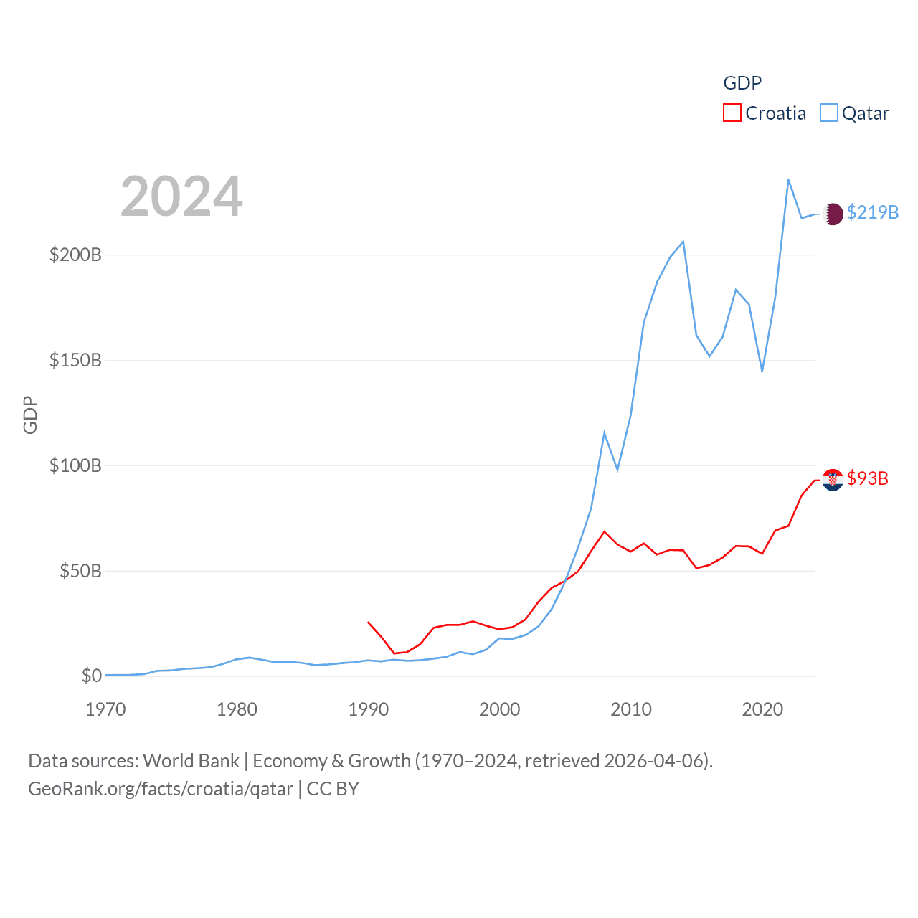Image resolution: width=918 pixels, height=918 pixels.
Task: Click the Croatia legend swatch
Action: (x=732, y=113)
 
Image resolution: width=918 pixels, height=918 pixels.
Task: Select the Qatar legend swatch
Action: (x=829, y=113)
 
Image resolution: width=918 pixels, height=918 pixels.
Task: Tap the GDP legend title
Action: (x=742, y=83)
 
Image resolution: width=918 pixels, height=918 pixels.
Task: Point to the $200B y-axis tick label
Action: (x=75, y=255)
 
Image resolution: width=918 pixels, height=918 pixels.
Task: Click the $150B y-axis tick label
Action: (x=75, y=360)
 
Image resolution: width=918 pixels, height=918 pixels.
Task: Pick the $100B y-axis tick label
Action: (x=75, y=465)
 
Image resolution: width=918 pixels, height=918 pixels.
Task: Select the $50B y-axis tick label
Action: (x=80, y=571)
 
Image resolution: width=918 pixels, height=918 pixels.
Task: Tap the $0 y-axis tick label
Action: (x=92, y=676)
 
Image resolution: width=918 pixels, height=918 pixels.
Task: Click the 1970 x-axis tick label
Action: (x=105, y=710)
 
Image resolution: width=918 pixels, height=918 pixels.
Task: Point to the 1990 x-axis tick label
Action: (x=368, y=710)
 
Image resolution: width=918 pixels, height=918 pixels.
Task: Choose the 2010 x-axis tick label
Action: (x=631, y=710)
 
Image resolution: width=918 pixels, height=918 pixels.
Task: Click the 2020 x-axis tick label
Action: (x=762, y=710)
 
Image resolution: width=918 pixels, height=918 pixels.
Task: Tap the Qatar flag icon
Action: (x=833, y=214)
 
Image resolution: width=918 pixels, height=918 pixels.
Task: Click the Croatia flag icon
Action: (x=833, y=480)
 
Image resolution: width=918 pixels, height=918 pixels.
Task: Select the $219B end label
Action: (x=873, y=213)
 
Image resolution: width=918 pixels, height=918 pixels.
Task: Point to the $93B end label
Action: (x=868, y=479)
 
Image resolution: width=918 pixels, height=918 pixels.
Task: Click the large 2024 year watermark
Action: (x=181, y=197)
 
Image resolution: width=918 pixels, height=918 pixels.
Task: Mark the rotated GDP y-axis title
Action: (x=30, y=415)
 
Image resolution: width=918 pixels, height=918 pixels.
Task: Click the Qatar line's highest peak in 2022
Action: (x=788, y=180)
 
